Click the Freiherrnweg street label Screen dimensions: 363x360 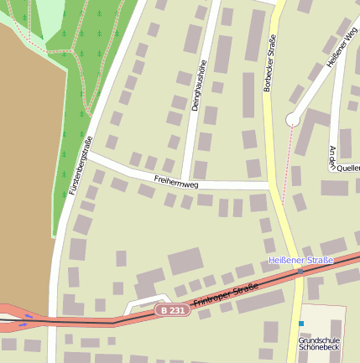pyautogui.click(x=176, y=179)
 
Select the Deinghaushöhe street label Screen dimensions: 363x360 pyautogui.click(x=201, y=86)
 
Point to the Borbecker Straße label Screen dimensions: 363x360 pyautogui.click(x=271, y=64)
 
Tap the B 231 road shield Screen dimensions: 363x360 pyautogui.click(x=170, y=310)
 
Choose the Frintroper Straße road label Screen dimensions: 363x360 pyautogui.click(x=225, y=296)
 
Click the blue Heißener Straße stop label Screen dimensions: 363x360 pyautogui.click(x=300, y=260)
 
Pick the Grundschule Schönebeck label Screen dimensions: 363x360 pyautogui.click(x=319, y=343)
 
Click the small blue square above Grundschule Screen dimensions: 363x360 pyautogui.click(x=300, y=324)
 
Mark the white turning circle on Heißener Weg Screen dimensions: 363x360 pyautogui.click(x=293, y=120)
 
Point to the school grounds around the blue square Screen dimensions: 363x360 pyautogui.click(x=323, y=323)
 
